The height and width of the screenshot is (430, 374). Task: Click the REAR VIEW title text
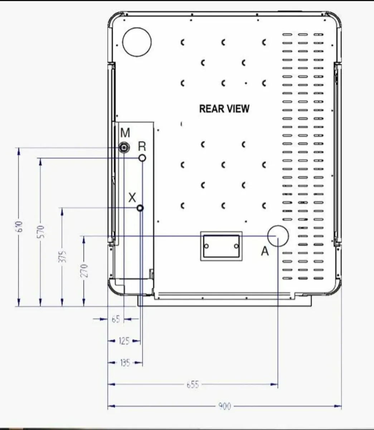point(224,109)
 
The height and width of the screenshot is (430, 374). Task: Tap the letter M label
point(125,133)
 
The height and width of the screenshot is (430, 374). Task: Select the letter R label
point(142,146)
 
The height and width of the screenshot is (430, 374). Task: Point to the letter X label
point(132,197)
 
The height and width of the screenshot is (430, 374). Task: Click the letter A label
point(264,252)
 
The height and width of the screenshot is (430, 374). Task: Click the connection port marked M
point(124,147)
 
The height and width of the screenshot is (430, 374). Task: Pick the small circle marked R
point(142,158)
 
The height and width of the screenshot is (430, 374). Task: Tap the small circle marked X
point(140,208)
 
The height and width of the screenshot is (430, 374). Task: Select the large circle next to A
point(278,236)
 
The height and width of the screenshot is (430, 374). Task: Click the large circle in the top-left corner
point(137,42)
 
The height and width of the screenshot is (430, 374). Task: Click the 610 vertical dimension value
point(20,226)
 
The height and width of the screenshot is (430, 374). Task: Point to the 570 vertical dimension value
point(41,231)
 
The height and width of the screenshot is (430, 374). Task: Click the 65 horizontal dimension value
point(116,319)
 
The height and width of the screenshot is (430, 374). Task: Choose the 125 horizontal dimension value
point(124,341)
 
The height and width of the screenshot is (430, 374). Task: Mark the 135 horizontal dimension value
point(125,363)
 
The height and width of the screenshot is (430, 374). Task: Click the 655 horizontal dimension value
point(193,385)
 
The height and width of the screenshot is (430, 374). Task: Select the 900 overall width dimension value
point(224,406)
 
